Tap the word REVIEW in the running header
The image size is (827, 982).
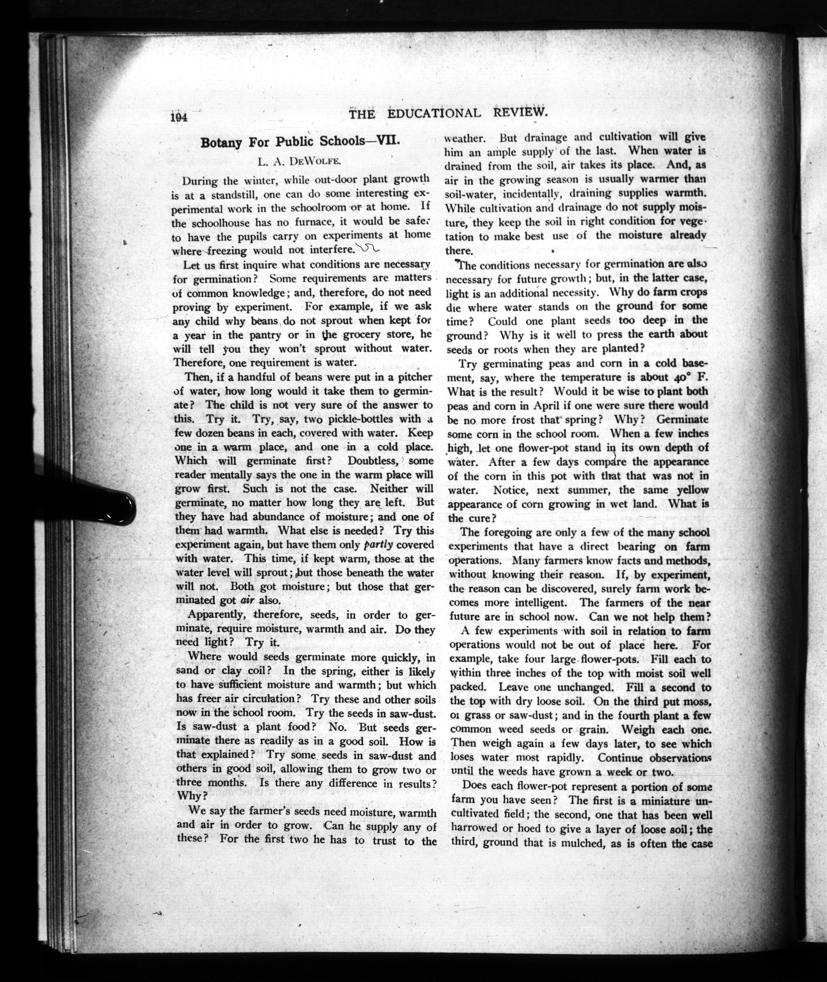[520, 113]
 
